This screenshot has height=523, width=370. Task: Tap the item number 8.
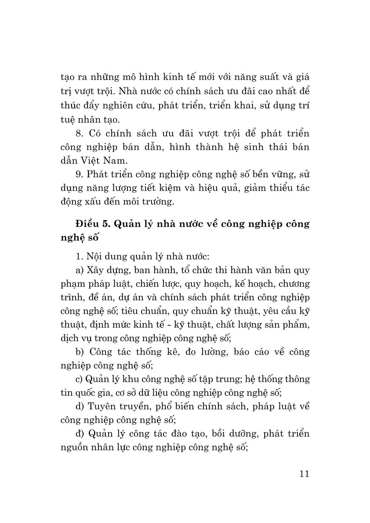(79, 133)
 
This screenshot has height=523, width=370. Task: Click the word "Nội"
(97, 255)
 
